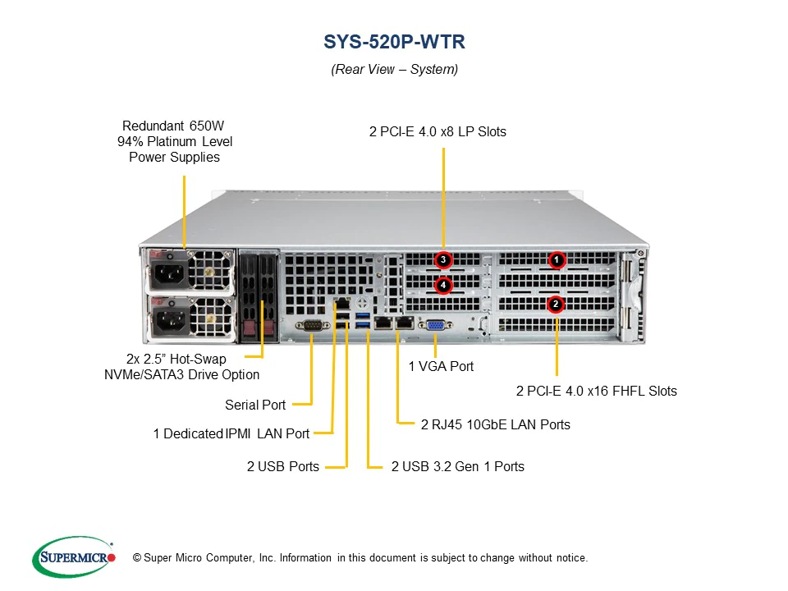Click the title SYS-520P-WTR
(x=394, y=42)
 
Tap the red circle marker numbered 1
(x=557, y=260)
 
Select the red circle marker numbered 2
(x=556, y=304)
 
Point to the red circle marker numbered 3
(x=443, y=260)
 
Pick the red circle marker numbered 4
(x=443, y=286)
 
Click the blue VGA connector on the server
(x=437, y=326)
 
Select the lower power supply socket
(x=172, y=315)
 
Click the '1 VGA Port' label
(x=441, y=366)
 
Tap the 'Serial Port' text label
(x=255, y=405)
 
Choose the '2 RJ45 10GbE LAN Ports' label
(x=495, y=424)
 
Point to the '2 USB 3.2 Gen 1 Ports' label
(x=457, y=466)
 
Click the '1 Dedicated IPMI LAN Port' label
(x=231, y=433)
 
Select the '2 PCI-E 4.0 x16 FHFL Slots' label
(x=596, y=391)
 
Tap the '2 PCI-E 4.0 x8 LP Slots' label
(x=438, y=131)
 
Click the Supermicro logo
(x=74, y=557)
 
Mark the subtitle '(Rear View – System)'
(x=394, y=70)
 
